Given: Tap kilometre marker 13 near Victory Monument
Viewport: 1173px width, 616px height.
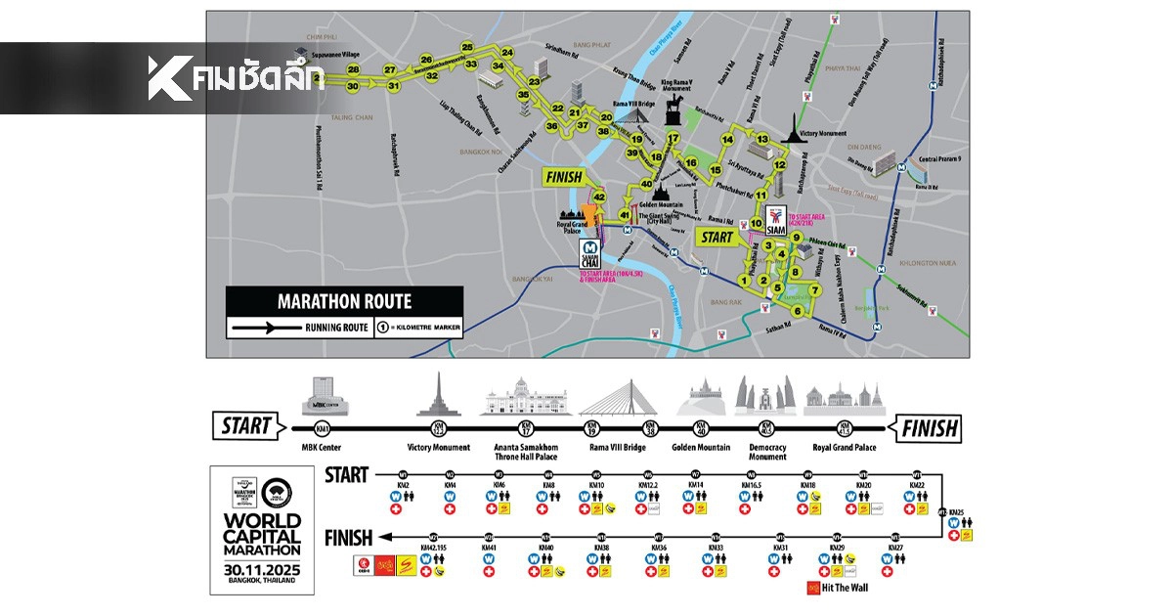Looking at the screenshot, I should coord(761,140).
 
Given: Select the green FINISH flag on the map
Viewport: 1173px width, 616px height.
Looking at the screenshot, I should coord(561,177).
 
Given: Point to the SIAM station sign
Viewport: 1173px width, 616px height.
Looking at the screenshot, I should coord(776,222).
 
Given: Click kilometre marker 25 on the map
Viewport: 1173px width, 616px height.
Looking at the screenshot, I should coord(467,47).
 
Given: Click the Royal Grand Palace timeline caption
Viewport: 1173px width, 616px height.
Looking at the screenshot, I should coord(844,448).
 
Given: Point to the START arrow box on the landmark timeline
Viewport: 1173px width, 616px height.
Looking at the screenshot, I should coord(251,426).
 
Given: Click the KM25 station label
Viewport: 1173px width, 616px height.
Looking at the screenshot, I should coord(955,513).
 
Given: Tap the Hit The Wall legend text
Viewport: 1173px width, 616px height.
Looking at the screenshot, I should coord(845,588).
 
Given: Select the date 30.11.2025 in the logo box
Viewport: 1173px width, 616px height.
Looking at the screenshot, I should coord(261,568).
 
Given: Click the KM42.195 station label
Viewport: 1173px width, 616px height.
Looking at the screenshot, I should coord(435,548).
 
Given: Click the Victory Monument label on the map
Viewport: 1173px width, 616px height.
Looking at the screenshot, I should coord(820,132).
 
